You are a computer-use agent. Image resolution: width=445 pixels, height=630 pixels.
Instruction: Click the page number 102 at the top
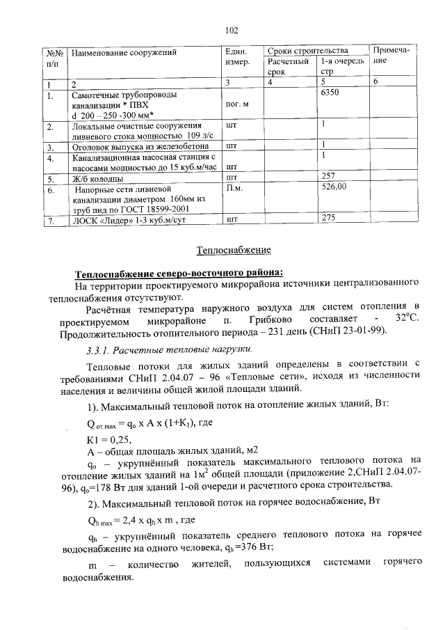pos(232,30)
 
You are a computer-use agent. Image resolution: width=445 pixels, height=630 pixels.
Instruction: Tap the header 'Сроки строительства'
pos(307,52)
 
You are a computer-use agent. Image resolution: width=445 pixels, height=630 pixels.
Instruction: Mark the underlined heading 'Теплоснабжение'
pos(234,249)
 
